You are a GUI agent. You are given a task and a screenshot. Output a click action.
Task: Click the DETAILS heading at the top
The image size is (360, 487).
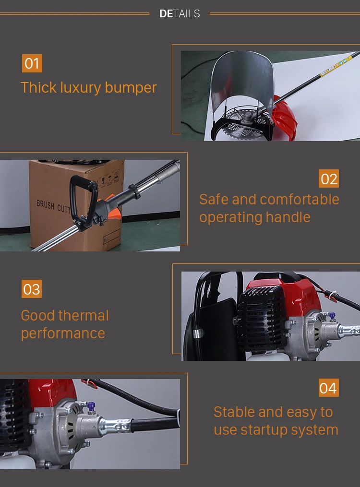pyautogui.click(x=180, y=14)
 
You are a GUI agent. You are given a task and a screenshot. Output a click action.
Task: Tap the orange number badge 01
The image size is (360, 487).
pyautogui.click(x=32, y=63)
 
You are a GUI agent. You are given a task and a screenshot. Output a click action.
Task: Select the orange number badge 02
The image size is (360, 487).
pyautogui.click(x=329, y=179)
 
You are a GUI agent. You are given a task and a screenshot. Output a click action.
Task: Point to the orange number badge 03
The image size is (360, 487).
pyautogui.click(x=32, y=289)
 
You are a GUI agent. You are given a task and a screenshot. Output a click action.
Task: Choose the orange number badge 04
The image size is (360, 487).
pyautogui.click(x=328, y=388)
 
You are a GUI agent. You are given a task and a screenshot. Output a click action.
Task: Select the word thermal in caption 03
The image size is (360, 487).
pyautogui.click(x=87, y=316)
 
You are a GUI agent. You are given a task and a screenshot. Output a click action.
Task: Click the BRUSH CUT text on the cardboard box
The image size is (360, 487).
pyautogui.click(x=53, y=206)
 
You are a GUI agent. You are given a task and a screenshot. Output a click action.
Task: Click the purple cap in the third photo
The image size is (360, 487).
pyautogui.click(x=331, y=316)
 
